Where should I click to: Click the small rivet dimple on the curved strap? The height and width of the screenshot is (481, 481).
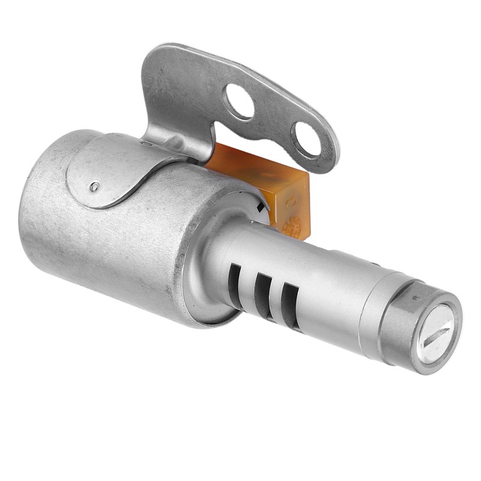[x=94, y=186]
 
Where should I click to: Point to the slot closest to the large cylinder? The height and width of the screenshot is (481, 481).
[x=233, y=281]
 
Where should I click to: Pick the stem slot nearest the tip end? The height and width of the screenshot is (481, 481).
[x=290, y=304]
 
